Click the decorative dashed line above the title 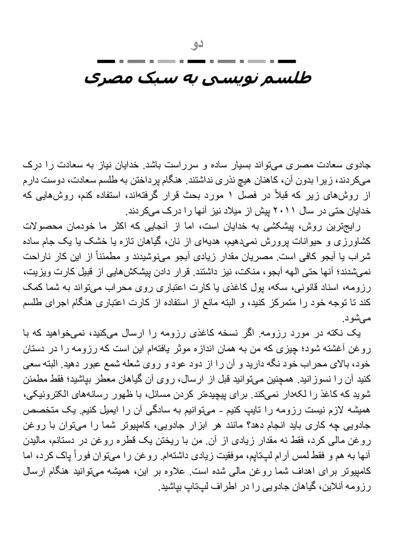(x=197, y=61)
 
